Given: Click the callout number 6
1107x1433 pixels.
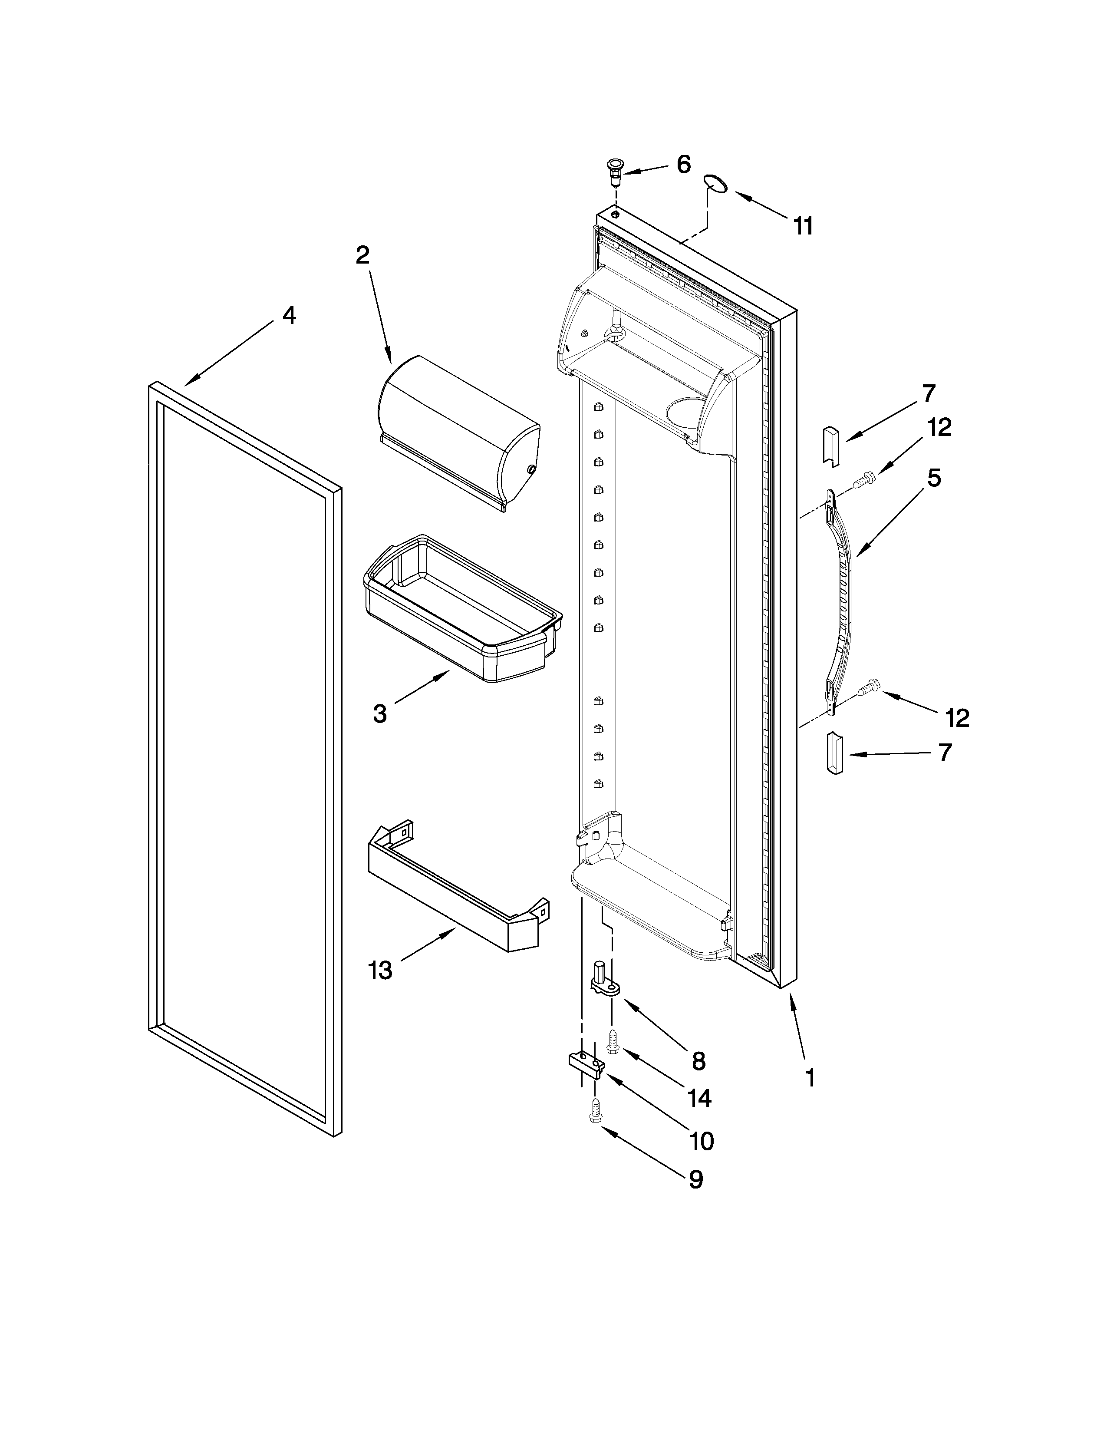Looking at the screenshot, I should pos(683,165).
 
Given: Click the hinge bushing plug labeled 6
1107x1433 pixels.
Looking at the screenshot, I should pos(614,169).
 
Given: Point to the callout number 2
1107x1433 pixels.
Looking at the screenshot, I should pos(362,255).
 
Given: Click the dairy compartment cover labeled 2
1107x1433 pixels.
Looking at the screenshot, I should pos(459,430).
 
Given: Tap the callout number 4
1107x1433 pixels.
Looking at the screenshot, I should pos(289,316).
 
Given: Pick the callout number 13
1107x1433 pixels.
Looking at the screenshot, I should pos(380,970).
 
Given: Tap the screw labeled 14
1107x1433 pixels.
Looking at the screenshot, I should pos(614,1042).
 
